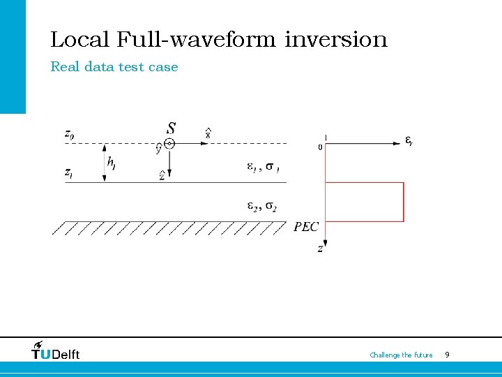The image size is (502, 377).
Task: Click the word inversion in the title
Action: pos(336,39)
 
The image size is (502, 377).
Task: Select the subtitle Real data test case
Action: pos(114,67)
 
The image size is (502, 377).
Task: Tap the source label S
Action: pos(171,128)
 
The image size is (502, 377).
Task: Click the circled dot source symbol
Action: pos(169,143)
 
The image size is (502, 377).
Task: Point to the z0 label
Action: pos(68,134)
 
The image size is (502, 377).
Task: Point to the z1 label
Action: pos(68,172)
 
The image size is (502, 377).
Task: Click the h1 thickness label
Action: pos(112,163)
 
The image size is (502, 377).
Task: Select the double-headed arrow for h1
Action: pos(104,163)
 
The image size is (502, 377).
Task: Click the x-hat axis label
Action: pos(208,133)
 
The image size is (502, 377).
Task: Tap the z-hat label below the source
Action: pos(162,175)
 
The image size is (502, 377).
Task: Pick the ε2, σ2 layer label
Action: pos(262,206)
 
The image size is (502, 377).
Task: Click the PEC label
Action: pos(306,227)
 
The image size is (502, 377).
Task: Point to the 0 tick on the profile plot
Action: pos(320,147)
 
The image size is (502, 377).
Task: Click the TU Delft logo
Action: pos(56,350)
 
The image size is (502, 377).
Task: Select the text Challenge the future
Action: pos(401,355)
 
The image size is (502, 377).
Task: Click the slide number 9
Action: pos(447,355)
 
